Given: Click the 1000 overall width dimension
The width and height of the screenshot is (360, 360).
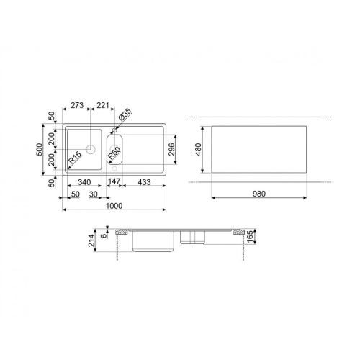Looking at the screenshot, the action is pyautogui.click(x=114, y=206).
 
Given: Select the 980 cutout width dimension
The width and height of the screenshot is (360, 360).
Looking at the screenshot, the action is pyautogui.click(x=259, y=194).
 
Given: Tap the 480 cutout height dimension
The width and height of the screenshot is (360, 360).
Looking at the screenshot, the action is pyautogui.click(x=199, y=149).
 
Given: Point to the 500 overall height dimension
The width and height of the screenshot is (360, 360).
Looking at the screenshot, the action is pyautogui.click(x=40, y=149).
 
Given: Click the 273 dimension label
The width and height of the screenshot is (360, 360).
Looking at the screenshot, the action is pyautogui.click(x=77, y=105).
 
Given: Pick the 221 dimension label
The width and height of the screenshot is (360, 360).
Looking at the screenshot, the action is pyautogui.click(x=102, y=105).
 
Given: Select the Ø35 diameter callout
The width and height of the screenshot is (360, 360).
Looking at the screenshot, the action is pyautogui.click(x=125, y=114).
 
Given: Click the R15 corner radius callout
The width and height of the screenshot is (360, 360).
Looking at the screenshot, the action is pyautogui.click(x=75, y=158).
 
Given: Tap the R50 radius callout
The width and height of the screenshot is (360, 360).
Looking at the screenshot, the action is pyautogui.click(x=114, y=153).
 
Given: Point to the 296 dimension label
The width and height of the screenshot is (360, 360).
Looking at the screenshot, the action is pyautogui.click(x=172, y=149).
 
